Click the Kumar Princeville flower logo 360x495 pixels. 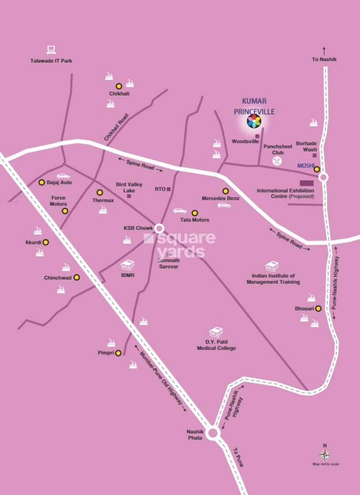pyautogui.click(x=254, y=121)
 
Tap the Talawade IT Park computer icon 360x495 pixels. pyautogui.click(x=51, y=50)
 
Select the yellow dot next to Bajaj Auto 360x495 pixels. pyautogui.click(x=41, y=182)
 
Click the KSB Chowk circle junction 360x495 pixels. pyautogui.click(x=159, y=228)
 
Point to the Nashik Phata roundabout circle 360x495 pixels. pyautogui.click(x=213, y=433)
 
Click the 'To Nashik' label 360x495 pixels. pyautogui.click(x=324, y=59)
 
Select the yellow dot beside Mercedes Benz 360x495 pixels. pyautogui.click(x=226, y=191)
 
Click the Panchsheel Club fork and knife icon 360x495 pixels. pyautogui.click(x=277, y=161)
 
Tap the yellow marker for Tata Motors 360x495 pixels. pyautogui.click(x=195, y=212)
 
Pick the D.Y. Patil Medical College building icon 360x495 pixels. pyautogui.click(x=216, y=332)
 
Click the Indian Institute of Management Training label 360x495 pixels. pyautogui.click(x=273, y=279)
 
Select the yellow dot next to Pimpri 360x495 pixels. pyautogui.click(x=118, y=353)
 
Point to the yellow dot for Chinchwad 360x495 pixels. pyautogui.click(x=76, y=277)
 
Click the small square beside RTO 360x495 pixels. pyautogui.click(x=169, y=189)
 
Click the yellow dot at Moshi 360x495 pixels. pyautogui.click(x=317, y=169)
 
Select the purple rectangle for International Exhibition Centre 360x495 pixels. pyautogui.click(x=306, y=183)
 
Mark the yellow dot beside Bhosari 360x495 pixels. pyautogui.click(x=318, y=308)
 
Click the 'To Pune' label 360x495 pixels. pyautogui.click(x=238, y=457)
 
